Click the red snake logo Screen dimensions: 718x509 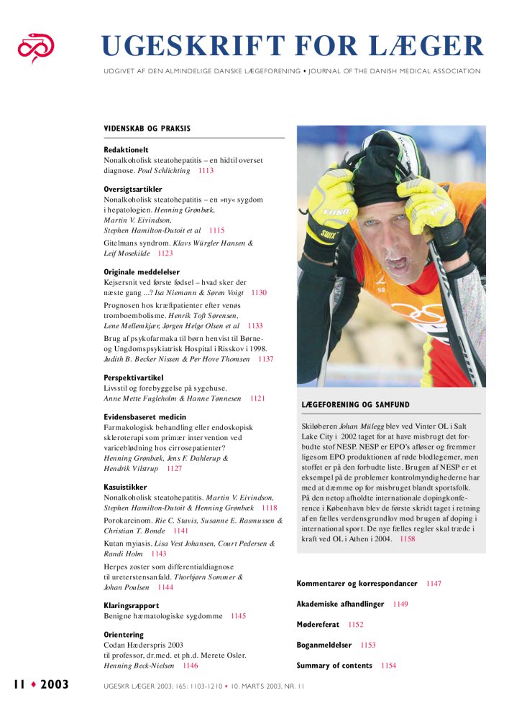pos(37,47)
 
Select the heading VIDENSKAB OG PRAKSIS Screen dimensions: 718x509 pos(147,129)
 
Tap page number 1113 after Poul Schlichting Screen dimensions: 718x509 pos(206,171)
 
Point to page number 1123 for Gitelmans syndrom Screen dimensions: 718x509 pos(165,253)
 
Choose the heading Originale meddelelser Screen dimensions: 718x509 pos(142,272)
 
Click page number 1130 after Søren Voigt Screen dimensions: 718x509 pos(260,293)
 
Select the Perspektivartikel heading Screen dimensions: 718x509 pos(134,377)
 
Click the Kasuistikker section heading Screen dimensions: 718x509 pos(126,487)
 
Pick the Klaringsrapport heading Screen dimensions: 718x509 pos(132,605)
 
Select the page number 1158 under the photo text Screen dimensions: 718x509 pos(407,538)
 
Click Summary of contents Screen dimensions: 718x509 pos(334,666)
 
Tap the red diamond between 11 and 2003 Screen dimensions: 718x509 pos(33,684)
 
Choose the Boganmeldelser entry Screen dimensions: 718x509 pos(324,645)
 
